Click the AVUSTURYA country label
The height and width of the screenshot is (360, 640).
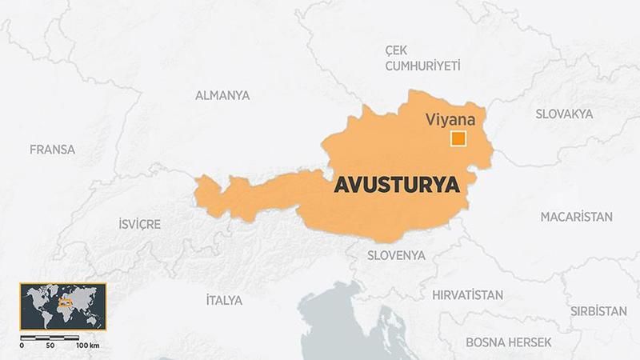click(397, 185)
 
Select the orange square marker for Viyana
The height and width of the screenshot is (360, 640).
click(458, 139)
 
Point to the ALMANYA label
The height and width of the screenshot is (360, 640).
click(222, 95)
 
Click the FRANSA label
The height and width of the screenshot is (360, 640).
click(52, 150)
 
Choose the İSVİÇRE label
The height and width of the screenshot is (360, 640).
click(139, 224)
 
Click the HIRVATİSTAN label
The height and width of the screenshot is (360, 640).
click(468, 294)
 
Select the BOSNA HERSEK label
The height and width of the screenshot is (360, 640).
click(509, 342)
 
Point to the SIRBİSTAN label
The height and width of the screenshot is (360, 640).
click(598, 310)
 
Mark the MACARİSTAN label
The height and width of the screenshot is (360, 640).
click(576, 217)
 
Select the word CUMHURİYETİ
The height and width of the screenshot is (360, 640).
click(423, 66)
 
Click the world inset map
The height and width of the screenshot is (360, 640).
click(62, 305)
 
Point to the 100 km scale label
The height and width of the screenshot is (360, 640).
click(87, 346)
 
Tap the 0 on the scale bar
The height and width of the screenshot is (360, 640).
click(22, 346)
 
